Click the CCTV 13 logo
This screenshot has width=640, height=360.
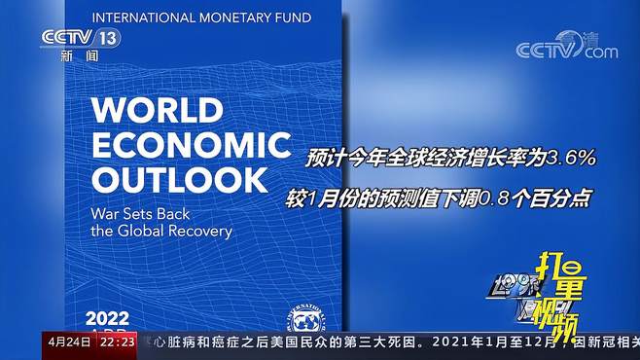[80, 38]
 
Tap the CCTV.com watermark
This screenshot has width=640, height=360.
[567, 46]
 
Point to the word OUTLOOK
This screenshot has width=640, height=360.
[179, 179]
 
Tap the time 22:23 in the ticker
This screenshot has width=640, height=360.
[116, 342]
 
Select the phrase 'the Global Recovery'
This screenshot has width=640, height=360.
[161, 231]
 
